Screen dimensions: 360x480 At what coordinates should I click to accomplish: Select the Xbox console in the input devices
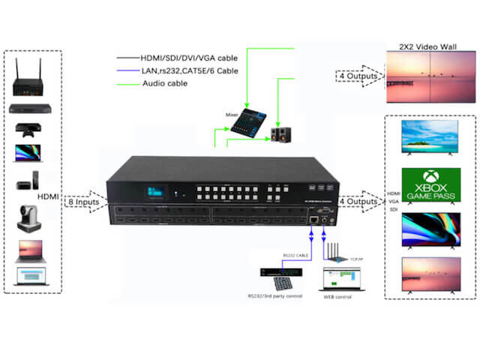[x=30, y=131]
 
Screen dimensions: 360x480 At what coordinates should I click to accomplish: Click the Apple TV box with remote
[x=30, y=185]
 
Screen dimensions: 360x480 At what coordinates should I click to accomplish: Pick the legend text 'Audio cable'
[x=165, y=83]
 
